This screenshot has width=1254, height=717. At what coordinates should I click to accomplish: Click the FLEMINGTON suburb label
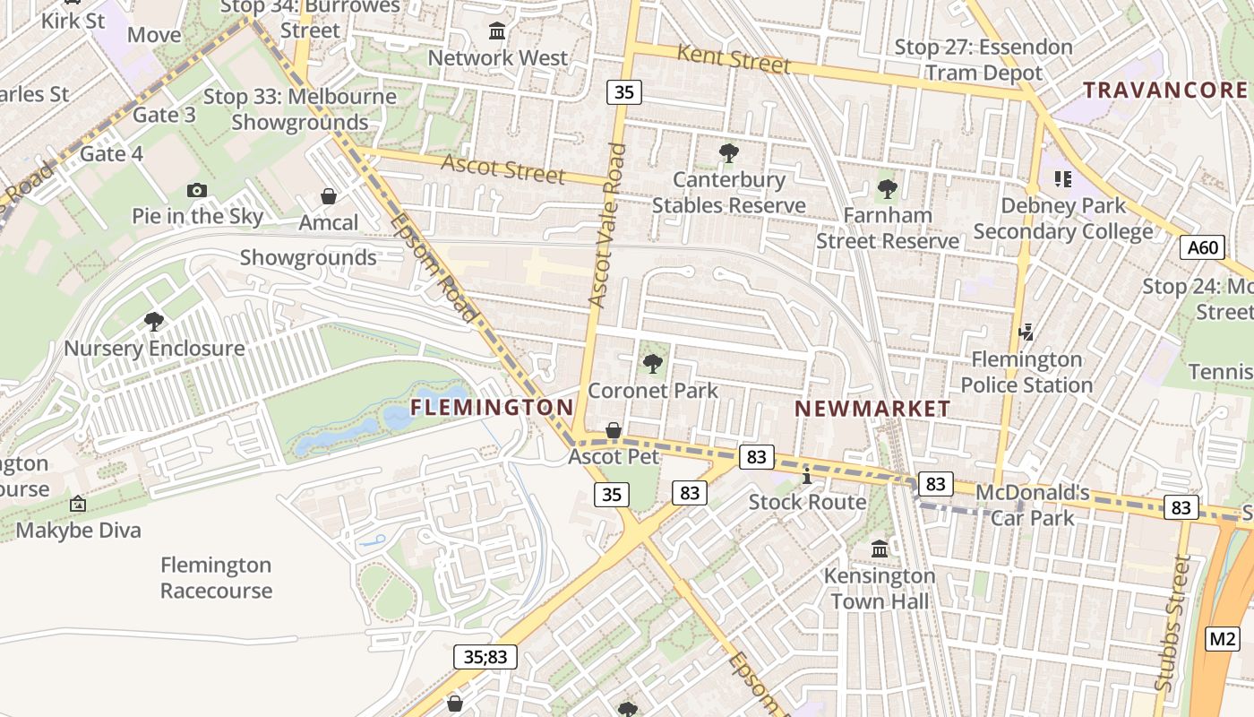492,408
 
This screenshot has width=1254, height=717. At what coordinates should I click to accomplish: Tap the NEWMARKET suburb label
872,409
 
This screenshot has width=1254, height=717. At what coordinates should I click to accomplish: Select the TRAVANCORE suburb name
1164,90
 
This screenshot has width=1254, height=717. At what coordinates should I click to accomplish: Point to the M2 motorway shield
1223,639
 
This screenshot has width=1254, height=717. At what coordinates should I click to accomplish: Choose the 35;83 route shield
485,657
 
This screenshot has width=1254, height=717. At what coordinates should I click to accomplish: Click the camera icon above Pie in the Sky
197,190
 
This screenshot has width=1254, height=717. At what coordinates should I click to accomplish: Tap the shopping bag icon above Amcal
329,196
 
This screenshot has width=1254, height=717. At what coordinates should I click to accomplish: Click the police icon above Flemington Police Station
1026,333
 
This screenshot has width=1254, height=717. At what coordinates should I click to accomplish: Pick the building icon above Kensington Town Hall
880,549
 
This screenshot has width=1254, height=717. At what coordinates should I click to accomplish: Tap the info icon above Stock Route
807,475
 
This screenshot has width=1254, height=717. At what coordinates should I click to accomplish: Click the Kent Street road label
734,59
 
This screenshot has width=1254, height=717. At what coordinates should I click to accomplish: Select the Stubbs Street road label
1174,623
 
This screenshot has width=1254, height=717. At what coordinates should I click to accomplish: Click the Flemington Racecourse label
216,578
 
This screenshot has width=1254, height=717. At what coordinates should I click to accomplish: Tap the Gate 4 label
111,153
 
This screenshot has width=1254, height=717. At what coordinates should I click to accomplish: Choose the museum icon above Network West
497,33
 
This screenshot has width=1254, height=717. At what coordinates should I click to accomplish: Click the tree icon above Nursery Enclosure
154,321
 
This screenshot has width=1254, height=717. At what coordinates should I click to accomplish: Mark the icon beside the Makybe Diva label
78,505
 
